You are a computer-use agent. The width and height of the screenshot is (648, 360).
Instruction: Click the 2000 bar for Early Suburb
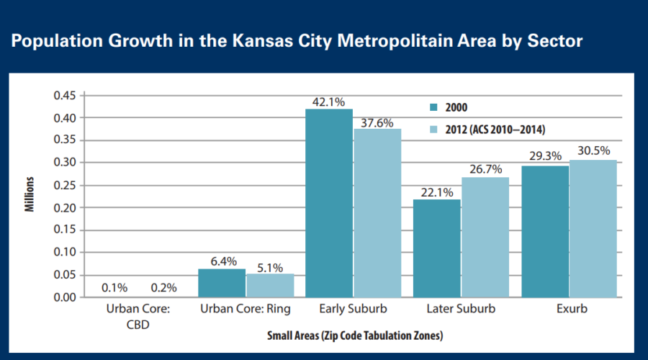[x=329, y=203]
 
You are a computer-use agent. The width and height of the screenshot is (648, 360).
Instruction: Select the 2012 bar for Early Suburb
[x=377, y=213]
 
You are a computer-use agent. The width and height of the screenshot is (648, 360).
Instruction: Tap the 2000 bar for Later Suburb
[x=437, y=248]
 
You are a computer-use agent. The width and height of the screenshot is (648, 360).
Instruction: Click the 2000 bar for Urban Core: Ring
[x=222, y=283]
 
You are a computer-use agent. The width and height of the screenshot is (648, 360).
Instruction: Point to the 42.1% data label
[x=329, y=102]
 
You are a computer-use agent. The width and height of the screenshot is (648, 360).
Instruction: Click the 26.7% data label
[x=485, y=168]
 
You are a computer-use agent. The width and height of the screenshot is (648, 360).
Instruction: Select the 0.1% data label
[x=114, y=288]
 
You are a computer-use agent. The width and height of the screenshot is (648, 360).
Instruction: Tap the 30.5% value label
[x=593, y=151]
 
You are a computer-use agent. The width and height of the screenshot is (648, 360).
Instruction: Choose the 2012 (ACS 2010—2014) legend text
[x=496, y=130]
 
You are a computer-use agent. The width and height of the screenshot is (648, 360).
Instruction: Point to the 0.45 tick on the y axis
[x=65, y=95]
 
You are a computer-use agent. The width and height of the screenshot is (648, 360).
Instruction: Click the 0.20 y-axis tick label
[x=65, y=207]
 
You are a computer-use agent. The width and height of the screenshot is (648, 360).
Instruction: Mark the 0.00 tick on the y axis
[x=65, y=297]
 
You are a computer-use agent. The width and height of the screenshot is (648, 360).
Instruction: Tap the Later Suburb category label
[x=462, y=310]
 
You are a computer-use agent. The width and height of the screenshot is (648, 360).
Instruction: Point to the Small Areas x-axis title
[x=354, y=336]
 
